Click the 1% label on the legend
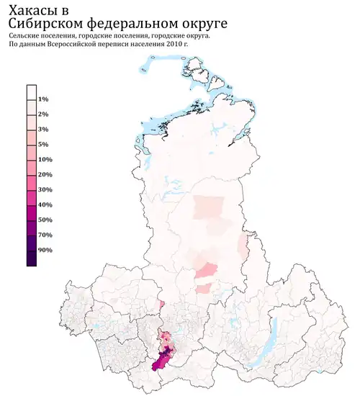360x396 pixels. (43, 99)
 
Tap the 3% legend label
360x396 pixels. (43, 130)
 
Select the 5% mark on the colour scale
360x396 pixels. (43, 145)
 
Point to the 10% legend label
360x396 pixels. (45, 160)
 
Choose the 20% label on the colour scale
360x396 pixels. (45, 175)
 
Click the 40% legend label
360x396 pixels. (45, 205)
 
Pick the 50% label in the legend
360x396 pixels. (45, 220)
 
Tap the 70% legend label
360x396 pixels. (45, 235)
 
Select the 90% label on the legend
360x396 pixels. (45, 251)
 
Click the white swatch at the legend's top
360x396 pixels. (32, 91)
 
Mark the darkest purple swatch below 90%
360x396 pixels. (32, 258)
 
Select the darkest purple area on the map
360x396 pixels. (168, 352)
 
